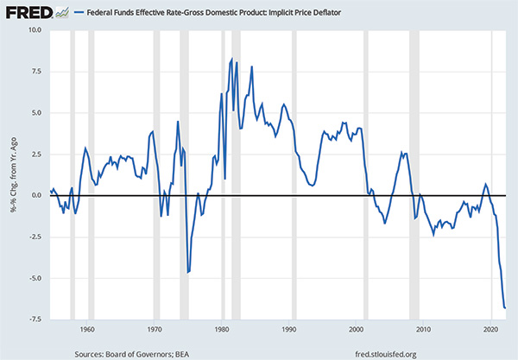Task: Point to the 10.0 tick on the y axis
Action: coord(34,30)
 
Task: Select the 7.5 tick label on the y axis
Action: coord(35,72)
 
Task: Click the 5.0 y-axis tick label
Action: coord(35,113)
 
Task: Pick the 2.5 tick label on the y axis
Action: coord(35,155)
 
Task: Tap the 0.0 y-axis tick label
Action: coord(35,196)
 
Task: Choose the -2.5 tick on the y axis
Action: coord(34,237)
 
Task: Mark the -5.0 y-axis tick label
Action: coord(34,278)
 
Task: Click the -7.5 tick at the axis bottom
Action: coord(34,319)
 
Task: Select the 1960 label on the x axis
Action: coord(86,330)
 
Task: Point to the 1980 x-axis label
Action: coord(222,330)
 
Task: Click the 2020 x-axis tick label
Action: coord(491,330)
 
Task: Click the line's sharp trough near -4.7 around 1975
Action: coord(187,273)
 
